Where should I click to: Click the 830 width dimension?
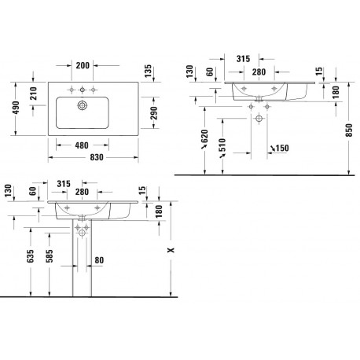coord(97,157)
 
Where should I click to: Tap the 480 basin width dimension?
coord(82,145)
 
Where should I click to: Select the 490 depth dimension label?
coord(16,108)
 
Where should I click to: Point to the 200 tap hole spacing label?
coord(83,65)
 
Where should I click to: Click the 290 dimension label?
coord(154,112)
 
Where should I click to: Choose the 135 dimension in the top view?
coord(148,71)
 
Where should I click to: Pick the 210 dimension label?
coord(33,94)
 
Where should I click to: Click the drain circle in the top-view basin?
coord(83,105)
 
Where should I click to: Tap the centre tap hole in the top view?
coord(83,90)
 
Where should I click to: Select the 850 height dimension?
coord(349,130)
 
